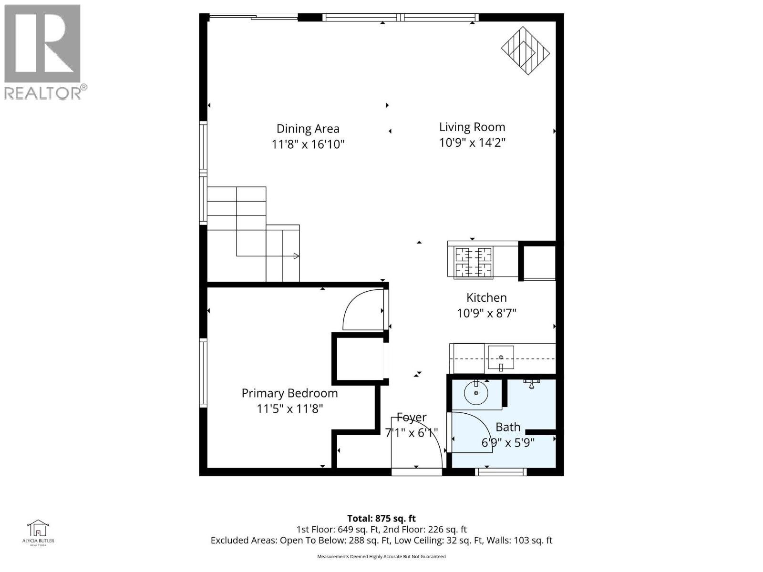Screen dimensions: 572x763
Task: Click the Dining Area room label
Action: [x=308, y=129]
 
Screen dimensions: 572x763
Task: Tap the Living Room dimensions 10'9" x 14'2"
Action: [x=472, y=143]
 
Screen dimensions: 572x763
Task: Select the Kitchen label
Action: [x=486, y=298]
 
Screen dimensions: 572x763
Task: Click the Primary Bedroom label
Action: [x=289, y=393]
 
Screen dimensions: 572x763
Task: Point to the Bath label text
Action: [x=508, y=427]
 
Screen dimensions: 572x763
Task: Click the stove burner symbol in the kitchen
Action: [x=473, y=262]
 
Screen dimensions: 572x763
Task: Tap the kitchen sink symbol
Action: [x=501, y=358]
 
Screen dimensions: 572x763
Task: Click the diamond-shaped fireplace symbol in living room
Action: [x=525, y=51]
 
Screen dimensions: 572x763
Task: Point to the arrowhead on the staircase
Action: [x=296, y=256]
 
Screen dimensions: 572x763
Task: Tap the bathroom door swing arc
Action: [x=470, y=431]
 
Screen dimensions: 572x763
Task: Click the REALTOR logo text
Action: [x=45, y=92]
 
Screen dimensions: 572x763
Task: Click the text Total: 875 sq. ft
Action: [x=381, y=518]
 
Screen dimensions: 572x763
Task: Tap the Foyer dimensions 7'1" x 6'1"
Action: [x=411, y=433]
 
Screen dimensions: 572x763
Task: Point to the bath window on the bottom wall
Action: [x=501, y=472]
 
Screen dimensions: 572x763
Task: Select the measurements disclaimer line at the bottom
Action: [x=381, y=556]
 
